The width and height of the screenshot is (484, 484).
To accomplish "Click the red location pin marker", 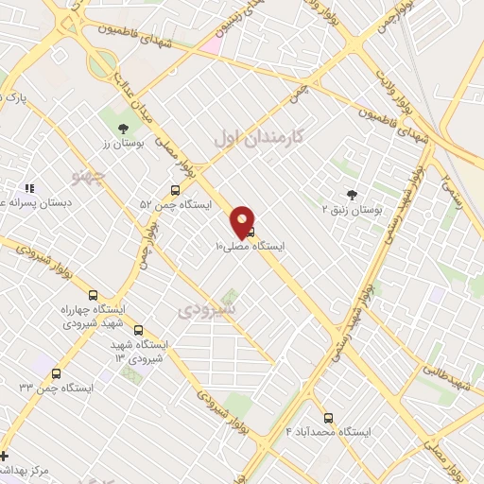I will point(243,221).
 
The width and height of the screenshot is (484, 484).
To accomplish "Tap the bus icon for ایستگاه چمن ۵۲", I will point(174,191).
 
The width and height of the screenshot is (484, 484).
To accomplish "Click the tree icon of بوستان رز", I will point(122,129).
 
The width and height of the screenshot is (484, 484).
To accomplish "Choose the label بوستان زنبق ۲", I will point(352,209).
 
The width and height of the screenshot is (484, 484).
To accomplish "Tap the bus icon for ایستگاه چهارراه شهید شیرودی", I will point(93,295).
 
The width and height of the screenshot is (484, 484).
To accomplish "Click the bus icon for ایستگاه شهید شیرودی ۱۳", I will point(139,331).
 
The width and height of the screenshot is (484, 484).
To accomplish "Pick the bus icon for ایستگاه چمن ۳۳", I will point(57,374).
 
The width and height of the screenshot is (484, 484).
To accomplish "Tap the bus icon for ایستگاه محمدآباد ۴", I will point(329,418).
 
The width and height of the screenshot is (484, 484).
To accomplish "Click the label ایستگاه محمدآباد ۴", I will point(329,432).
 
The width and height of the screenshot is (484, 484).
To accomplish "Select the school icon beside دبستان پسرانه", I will point(29,189).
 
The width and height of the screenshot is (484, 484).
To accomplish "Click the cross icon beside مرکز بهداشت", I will point(5,456).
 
